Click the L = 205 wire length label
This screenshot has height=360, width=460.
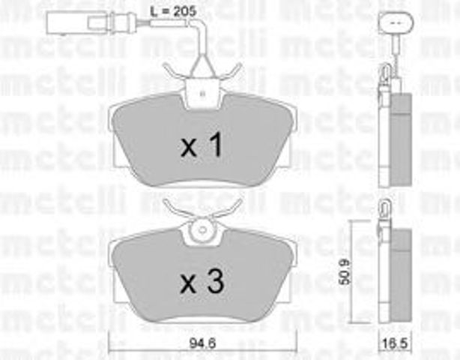point(172,12)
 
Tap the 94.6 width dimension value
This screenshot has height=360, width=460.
point(203,343)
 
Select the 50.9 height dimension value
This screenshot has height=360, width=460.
point(345,274)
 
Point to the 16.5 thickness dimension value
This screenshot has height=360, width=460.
point(396,343)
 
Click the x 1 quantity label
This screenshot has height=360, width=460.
point(202,145)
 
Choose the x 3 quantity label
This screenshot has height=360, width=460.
point(202,281)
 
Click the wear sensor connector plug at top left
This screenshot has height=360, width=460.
point(79,22)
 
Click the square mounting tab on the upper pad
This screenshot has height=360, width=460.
point(202,94)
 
